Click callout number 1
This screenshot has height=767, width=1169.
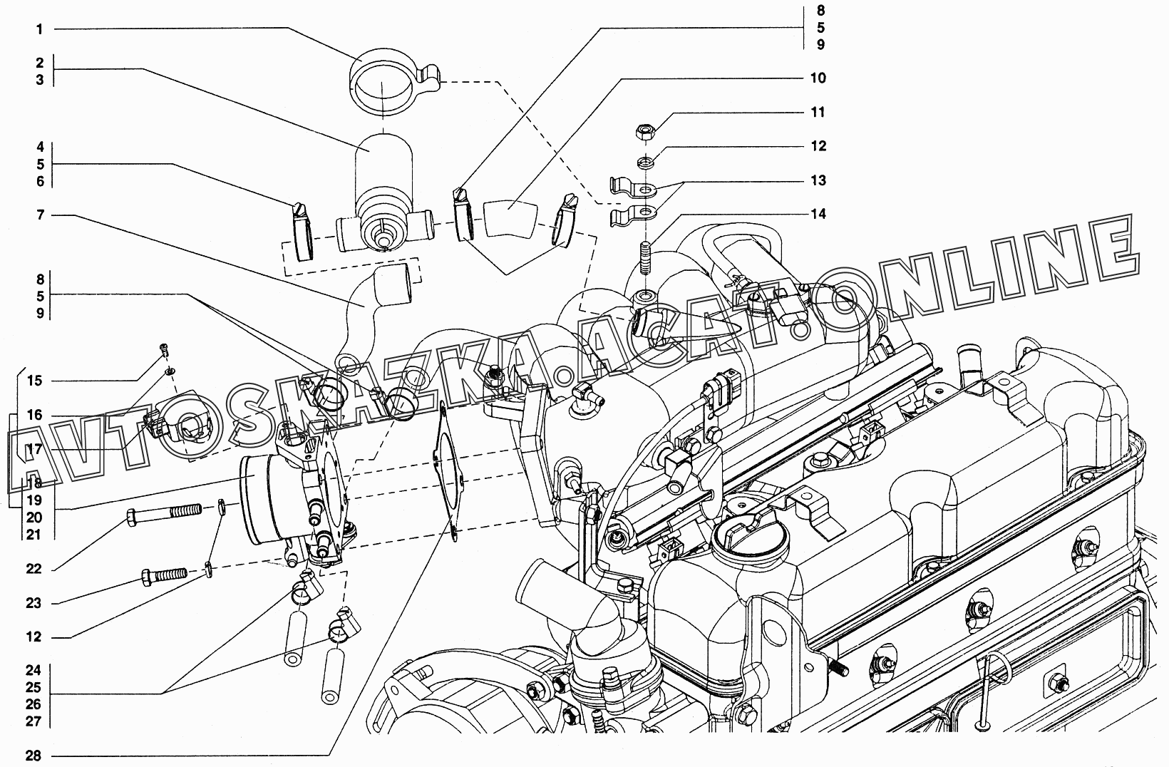pos(40,29)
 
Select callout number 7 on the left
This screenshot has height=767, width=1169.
pos(40,215)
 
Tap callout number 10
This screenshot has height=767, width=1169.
pos(818,78)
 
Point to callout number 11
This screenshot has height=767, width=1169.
pos(818,112)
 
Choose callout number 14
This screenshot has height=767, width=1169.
pos(818,214)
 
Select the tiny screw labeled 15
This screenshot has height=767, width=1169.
pos(165,349)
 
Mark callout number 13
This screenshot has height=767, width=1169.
pos(818,180)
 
